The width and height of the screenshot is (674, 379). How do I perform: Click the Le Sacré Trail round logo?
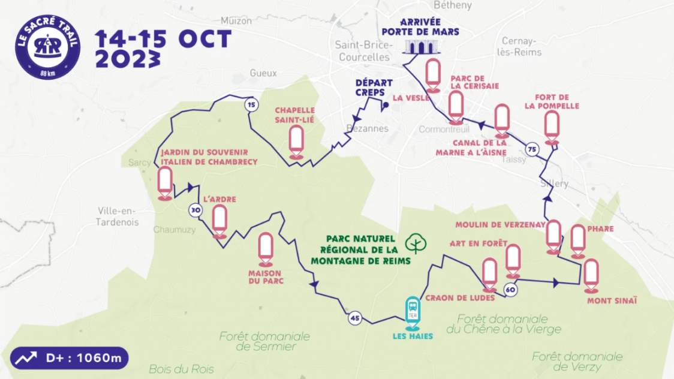48,47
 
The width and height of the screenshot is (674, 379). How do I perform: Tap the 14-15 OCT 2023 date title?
163,48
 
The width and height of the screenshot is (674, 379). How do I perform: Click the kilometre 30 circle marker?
195,210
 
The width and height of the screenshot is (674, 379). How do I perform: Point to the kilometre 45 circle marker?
355,318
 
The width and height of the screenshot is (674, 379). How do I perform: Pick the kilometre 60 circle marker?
510,290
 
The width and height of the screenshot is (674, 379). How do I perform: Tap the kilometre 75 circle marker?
531,149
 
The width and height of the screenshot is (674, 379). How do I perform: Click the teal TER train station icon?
413,312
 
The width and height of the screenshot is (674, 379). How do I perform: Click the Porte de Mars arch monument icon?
420,47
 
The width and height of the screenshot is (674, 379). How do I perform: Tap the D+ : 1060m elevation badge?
69,359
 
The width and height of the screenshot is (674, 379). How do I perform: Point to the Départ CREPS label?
374,88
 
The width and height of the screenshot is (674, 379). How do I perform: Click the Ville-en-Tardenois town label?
117,216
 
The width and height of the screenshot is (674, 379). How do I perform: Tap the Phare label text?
600,228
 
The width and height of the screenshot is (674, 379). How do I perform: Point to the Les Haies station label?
413,336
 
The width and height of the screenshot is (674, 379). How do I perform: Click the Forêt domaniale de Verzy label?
577,362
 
